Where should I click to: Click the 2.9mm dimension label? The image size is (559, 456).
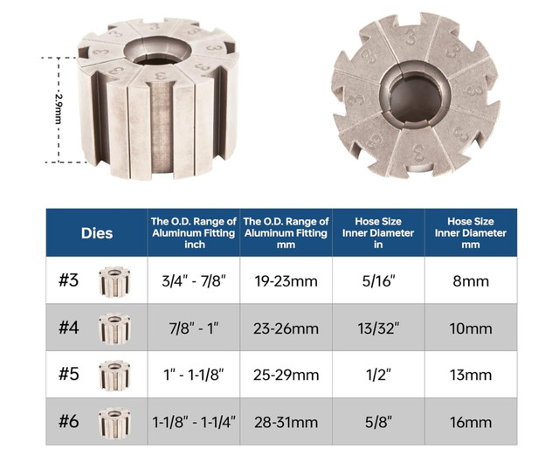59,108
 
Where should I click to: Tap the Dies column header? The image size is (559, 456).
97,233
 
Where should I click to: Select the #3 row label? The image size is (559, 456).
68,280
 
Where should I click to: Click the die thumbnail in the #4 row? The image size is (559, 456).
114,328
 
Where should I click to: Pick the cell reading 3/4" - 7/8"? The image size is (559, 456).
194,281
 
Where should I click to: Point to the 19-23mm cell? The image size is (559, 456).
286,281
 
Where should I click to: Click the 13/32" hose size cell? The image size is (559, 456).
378,328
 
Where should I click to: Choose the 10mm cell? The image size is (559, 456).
471,328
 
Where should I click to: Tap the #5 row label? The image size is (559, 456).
68,374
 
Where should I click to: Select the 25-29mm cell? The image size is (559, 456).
286,375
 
